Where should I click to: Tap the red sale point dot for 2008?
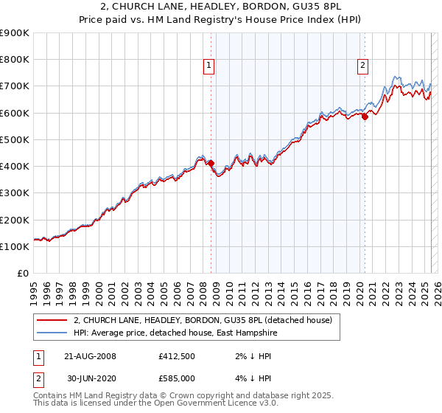pyautogui.click(x=211, y=163)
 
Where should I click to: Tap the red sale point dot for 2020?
pyautogui.click(x=365, y=116)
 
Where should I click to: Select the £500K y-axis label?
pyautogui.click(x=15, y=139)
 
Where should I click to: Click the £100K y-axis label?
pyautogui.click(x=15, y=246)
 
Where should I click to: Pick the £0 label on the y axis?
pyautogui.click(x=22, y=273)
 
